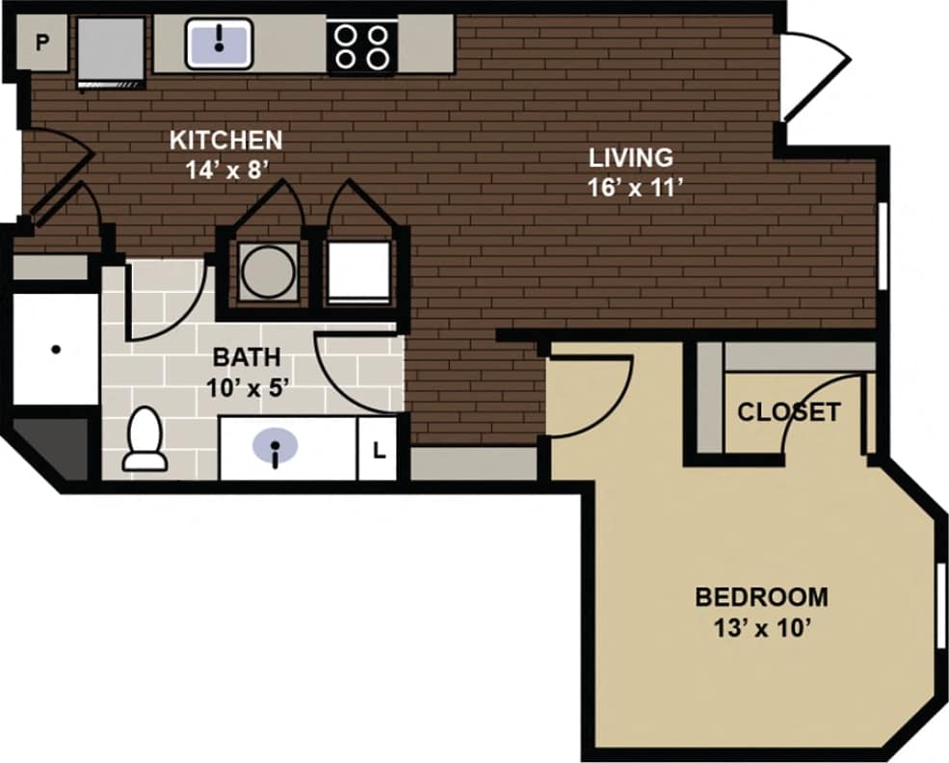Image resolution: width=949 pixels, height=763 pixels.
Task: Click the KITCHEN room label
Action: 225,140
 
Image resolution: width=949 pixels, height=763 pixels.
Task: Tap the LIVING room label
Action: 631,157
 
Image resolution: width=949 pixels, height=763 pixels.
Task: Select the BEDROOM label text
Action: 761,597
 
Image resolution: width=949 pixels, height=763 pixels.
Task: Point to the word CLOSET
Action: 788,413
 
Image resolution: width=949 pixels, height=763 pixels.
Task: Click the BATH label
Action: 247,357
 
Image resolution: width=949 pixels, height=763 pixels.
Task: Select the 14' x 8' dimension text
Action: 225,170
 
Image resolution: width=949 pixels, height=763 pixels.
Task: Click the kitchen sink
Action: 220,41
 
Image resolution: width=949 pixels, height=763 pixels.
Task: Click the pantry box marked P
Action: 42,42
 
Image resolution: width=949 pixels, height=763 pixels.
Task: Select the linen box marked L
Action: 379,449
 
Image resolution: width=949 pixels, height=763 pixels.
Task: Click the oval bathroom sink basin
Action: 276,446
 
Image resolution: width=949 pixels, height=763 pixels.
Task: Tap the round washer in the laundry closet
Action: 268,273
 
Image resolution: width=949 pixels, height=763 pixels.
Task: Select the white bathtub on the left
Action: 56,349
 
